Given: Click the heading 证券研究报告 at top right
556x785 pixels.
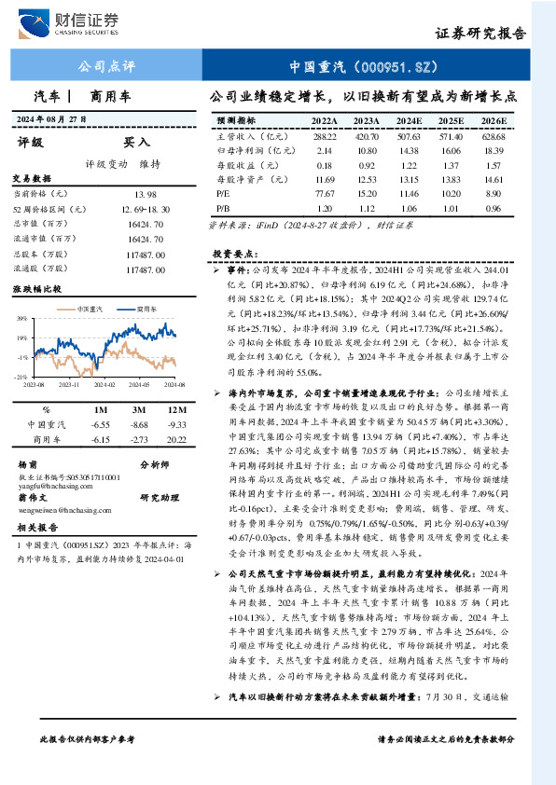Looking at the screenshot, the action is pos(480,33).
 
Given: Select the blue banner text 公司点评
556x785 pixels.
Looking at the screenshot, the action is pos(105,67).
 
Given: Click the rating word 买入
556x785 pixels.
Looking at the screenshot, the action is pos(137,143).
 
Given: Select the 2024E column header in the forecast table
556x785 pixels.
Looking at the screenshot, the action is pos(409,121).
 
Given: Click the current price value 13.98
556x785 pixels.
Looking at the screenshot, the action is pos(146,193).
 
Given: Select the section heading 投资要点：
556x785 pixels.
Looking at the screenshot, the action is pos(233,254).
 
